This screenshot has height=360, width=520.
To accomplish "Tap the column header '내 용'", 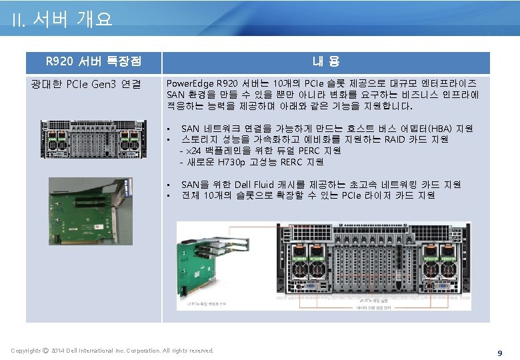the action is pos(326,62).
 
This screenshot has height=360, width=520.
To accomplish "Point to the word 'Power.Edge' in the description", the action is pos(190,84).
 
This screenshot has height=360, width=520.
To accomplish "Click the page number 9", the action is pos(499,352).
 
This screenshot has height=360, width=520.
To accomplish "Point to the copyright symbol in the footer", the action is pos(45,350).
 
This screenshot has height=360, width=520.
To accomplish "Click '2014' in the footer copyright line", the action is pos(58,350).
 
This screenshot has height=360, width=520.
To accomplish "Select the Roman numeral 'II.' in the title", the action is pos(18,21).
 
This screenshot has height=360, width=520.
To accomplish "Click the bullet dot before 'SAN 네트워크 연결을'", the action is pos(170,129).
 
